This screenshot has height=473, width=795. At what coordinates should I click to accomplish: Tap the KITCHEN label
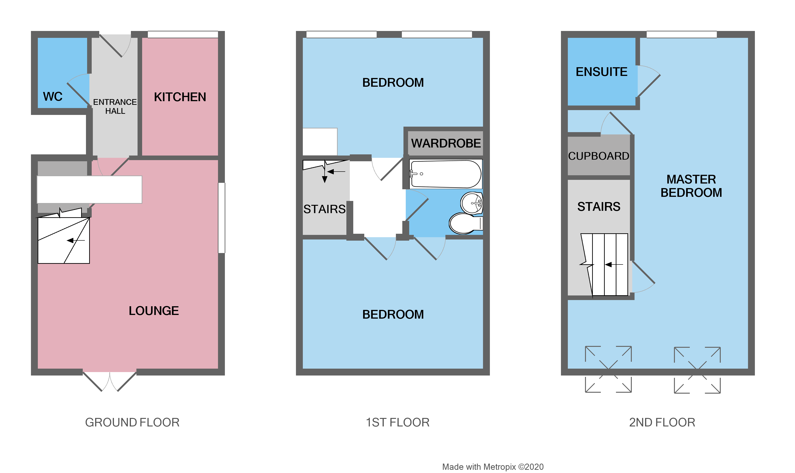180,97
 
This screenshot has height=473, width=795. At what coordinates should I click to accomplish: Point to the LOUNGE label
154,311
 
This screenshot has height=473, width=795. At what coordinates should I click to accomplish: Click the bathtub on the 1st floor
446,174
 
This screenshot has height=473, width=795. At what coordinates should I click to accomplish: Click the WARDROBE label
446,143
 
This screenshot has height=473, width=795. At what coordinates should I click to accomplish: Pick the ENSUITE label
601,72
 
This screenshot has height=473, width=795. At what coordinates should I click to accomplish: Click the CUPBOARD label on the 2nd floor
599,156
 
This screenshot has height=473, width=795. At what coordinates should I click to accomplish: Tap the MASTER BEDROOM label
691,186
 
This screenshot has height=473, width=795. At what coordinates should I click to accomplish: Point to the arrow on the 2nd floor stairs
613,264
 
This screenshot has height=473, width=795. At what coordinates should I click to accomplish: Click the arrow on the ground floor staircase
75,240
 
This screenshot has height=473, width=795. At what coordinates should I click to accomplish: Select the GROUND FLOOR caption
132,422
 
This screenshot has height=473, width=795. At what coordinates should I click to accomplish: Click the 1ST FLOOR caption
397,422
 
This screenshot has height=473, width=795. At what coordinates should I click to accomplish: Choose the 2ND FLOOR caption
662,422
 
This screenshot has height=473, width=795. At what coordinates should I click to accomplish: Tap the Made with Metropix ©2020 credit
493,467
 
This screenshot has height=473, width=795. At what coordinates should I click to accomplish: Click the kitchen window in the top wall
183,34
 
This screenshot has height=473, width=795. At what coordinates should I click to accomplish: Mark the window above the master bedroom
681,34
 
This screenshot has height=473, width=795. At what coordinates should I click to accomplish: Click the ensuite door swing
648,81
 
